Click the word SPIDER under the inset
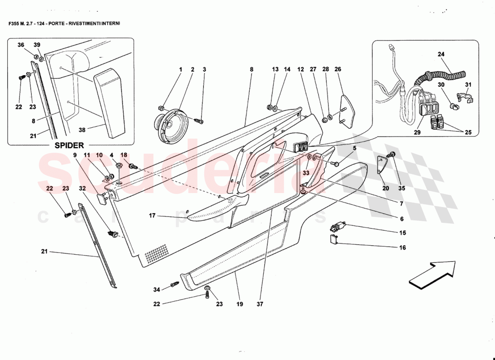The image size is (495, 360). point(69,146)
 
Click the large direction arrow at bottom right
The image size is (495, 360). point(432,274)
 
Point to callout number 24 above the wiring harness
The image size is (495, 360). point(441,54)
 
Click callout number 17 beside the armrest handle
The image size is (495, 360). point(153,216)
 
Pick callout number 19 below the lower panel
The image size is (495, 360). point(239,304)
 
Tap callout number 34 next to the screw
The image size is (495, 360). point(156,289)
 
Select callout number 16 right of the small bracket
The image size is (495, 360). point(402,247)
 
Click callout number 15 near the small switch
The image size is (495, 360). point(402,233)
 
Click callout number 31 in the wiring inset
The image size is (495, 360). point(468,85)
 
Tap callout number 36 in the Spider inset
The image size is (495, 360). point(20,45)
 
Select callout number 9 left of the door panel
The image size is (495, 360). point(76,155)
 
